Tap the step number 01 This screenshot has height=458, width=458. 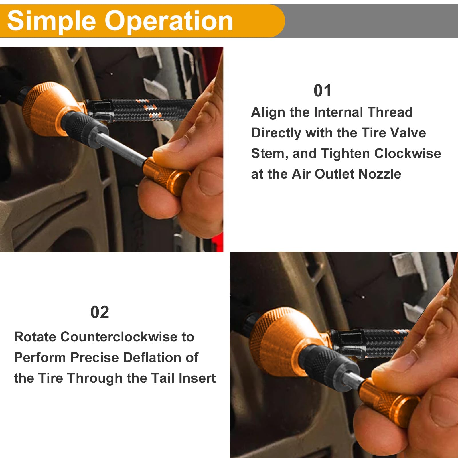click(x=323, y=91)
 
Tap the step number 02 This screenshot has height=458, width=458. click(x=100, y=312)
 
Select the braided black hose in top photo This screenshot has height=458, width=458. click(x=143, y=110)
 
